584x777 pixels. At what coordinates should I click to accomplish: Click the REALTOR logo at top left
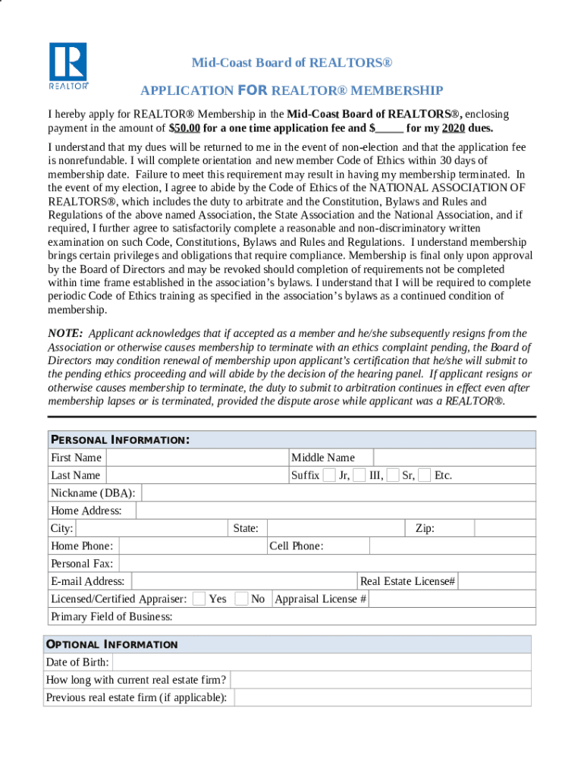coord(69,65)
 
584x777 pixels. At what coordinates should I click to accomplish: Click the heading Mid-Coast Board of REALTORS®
coord(292,62)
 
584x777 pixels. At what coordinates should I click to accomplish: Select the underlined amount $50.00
coord(184,128)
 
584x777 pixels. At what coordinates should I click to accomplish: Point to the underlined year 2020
coord(454,128)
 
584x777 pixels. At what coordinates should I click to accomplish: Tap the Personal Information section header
coord(120,440)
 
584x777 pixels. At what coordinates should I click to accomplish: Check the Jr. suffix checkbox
coord(329,476)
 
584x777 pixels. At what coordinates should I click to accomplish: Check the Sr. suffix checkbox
coord(393,476)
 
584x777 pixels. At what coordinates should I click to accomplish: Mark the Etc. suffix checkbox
coord(425,476)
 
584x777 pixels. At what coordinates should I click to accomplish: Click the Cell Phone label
coord(296,546)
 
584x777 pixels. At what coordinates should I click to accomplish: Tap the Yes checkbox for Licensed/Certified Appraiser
coord(199,599)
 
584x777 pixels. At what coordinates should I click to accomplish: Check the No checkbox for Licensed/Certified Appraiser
coord(241,599)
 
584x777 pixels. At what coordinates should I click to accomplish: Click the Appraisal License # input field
coord(451,599)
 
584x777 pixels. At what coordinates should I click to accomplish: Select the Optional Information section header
coord(112,644)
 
